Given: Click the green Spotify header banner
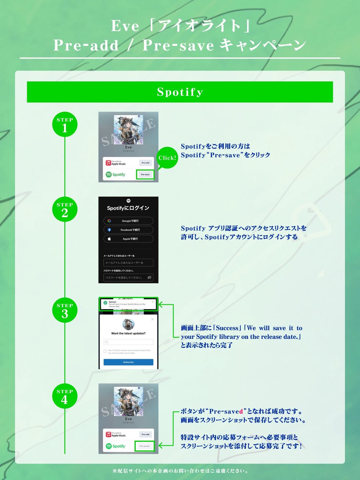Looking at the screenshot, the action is [180, 92].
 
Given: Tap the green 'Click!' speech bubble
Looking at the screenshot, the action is [167, 158].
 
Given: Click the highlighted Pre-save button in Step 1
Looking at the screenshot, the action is [145, 174].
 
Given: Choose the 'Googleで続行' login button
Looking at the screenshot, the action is [128, 221].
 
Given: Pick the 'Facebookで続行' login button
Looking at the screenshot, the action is [128, 230].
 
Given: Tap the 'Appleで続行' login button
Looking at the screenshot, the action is [128, 239].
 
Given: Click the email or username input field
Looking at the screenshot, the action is [128, 263].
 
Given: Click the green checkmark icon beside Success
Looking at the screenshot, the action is [105, 303].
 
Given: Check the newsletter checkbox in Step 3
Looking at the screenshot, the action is [105, 351].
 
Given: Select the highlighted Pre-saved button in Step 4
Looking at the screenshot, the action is [144, 446].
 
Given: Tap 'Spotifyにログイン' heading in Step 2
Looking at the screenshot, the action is [128, 208].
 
